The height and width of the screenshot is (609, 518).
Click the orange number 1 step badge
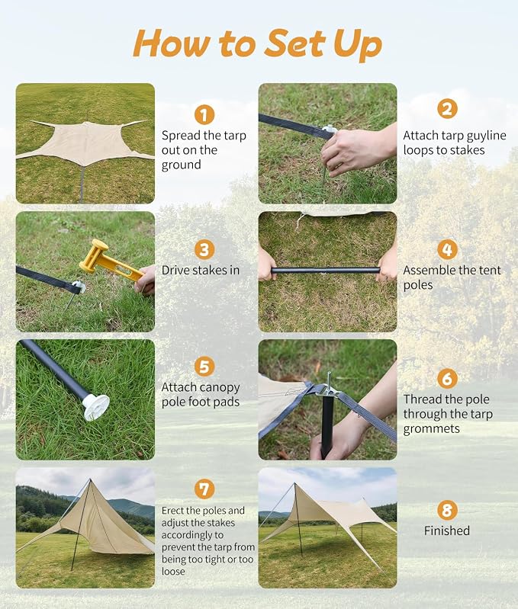click(x=204, y=114)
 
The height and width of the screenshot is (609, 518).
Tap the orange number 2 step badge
click(x=447, y=108)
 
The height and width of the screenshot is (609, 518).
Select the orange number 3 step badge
click(x=204, y=249)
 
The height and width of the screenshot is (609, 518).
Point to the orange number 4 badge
click(x=447, y=249)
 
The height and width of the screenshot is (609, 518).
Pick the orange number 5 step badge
click(x=204, y=367)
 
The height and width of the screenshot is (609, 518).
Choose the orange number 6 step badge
click(x=447, y=378)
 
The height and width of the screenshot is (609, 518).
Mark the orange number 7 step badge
click(x=204, y=489)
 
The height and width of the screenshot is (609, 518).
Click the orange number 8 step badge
click(x=447, y=510)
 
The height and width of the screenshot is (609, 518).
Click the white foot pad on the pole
click(x=95, y=408)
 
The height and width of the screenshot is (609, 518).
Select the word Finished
click(x=447, y=530)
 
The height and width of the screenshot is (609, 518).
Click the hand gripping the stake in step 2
click(x=356, y=150)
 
